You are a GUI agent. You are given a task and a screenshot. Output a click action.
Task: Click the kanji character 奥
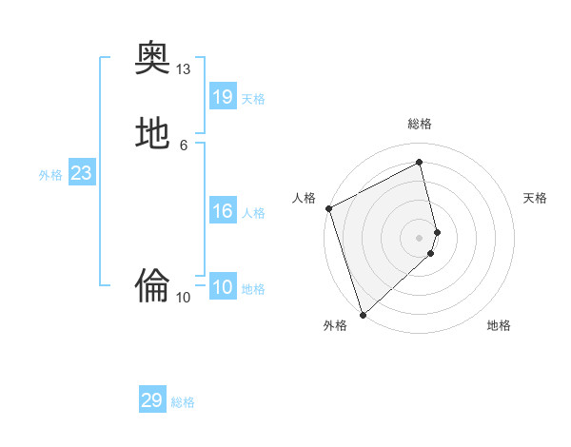click(x=152, y=58)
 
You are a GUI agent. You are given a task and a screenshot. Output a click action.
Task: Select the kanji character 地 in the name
click(x=152, y=133)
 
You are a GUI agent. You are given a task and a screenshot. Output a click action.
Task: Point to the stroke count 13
click(x=184, y=69)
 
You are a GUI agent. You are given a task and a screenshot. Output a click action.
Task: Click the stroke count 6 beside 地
click(x=184, y=145)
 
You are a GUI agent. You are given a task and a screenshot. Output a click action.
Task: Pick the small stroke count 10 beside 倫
click(x=184, y=297)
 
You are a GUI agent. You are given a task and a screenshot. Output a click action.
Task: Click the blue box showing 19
click(x=223, y=97)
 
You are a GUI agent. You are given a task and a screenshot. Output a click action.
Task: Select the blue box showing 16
click(x=223, y=211)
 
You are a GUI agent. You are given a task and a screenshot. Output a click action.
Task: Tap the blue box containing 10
click(x=223, y=287)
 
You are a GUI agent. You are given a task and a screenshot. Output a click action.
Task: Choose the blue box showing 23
click(x=81, y=173)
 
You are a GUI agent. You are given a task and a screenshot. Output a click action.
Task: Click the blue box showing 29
click(x=152, y=400)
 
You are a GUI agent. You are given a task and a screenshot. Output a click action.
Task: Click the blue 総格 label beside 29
click(x=183, y=402)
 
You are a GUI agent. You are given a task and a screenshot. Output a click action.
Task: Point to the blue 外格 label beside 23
click(x=50, y=175)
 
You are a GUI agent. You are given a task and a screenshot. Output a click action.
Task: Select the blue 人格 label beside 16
click(x=253, y=213)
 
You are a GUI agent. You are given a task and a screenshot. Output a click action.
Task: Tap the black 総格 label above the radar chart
click(x=420, y=124)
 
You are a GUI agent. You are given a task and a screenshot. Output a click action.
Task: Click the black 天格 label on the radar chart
click(x=536, y=198)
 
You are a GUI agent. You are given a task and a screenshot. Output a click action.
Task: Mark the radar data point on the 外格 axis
click(x=362, y=314)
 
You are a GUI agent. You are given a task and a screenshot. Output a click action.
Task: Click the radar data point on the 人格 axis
click(x=328, y=208)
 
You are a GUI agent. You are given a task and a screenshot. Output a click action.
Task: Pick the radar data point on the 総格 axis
click(x=420, y=163)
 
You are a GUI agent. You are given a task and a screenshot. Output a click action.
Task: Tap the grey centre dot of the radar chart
click(x=420, y=237)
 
